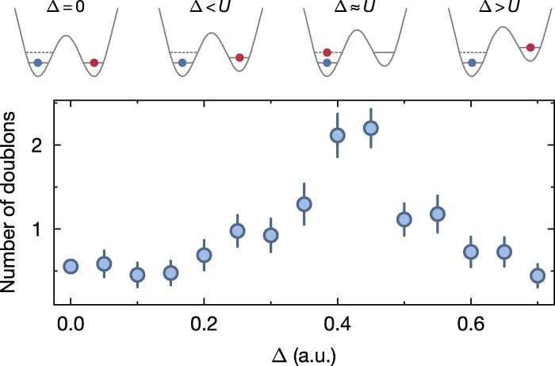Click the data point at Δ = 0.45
pyautogui.click(x=370, y=128)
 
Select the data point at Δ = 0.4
pyautogui.click(x=337, y=135)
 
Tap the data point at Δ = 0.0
pyautogui.click(x=71, y=267)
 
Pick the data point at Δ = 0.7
pyautogui.click(x=537, y=275)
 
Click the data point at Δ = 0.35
pyautogui.click(x=304, y=204)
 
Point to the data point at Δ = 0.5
pyautogui.click(x=404, y=219)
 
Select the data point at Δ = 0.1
pyautogui.click(x=137, y=275)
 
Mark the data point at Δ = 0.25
pyautogui.click(x=237, y=231)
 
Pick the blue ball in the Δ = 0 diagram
pyautogui.click(x=37, y=62)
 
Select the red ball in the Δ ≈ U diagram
pyautogui.click(x=327, y=52)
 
